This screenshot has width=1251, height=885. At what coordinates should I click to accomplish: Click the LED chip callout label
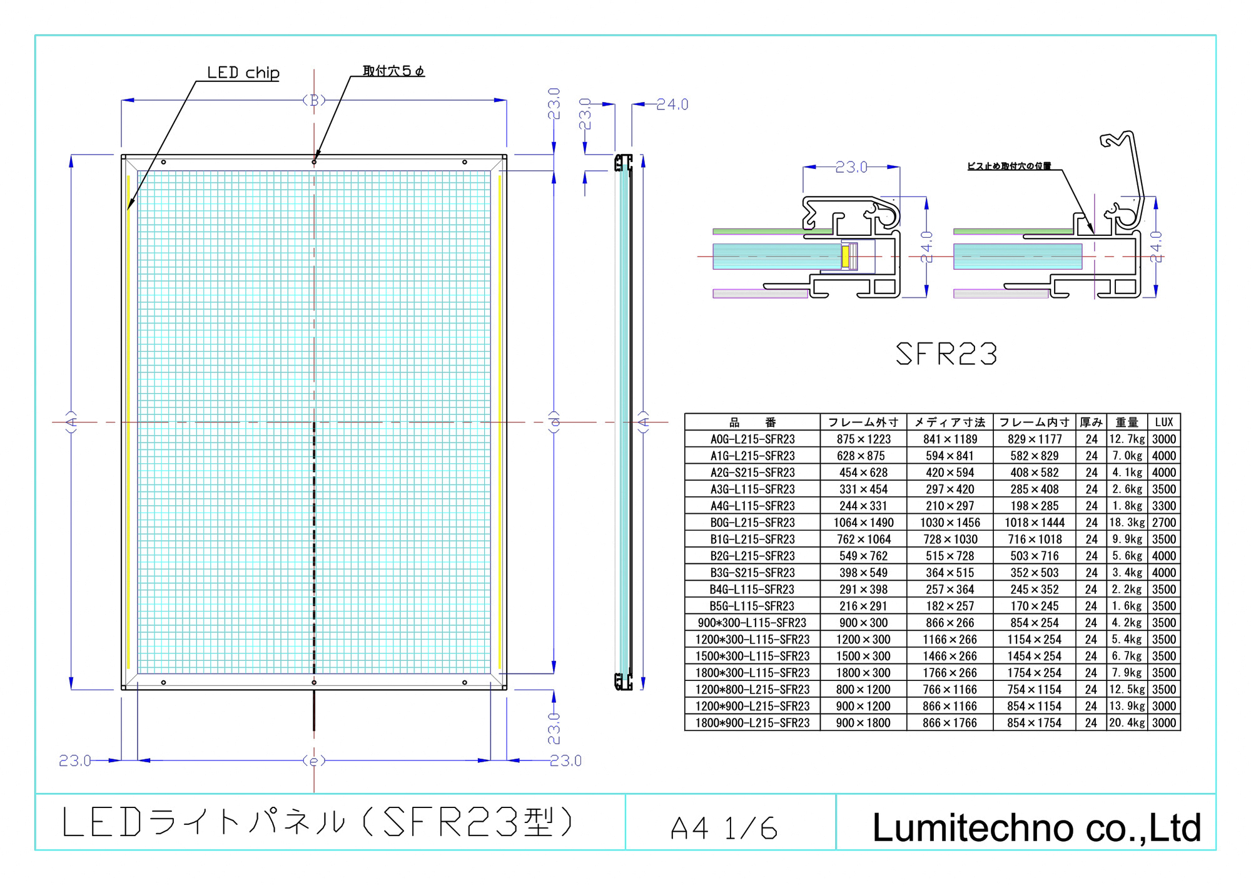tap(243, 73)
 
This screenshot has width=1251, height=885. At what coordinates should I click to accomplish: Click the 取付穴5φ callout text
tap(393, 71)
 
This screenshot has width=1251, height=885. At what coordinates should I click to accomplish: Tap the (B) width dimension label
tap(314, 100)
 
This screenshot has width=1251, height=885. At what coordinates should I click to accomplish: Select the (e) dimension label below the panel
tap(314, 760)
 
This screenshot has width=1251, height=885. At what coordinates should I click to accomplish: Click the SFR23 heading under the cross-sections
tap(946, 354)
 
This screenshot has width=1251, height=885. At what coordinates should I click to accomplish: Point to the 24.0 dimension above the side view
tap(672, 105)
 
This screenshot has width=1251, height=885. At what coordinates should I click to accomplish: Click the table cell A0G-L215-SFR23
tap(752, 439)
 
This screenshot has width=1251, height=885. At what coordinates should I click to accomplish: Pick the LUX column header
tap(1163, 422)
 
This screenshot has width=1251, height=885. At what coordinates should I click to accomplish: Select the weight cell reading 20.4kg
tap(1127, 723)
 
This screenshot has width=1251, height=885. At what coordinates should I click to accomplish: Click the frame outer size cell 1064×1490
tap(863, 523)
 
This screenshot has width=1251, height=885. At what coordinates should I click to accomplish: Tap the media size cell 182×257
tap(950, 606)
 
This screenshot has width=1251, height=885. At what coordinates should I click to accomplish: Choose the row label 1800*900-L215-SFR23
tap(752, 723)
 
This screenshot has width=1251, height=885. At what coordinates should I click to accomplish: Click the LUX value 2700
tap(1163, 523)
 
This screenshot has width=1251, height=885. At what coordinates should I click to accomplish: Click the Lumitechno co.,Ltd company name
tap(1036, 827)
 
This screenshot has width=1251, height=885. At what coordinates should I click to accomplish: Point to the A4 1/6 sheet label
tap(724, 828)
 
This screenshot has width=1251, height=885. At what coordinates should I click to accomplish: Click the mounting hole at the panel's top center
tap(314, 162)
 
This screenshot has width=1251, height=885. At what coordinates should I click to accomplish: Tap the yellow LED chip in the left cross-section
tap(846, 257)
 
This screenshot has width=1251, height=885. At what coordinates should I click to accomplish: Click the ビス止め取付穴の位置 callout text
tap(1009, 166)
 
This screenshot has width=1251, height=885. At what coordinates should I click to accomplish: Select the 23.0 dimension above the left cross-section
tap(851, 167)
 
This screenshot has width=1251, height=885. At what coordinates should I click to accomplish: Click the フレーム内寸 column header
tap(1034, 422)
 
